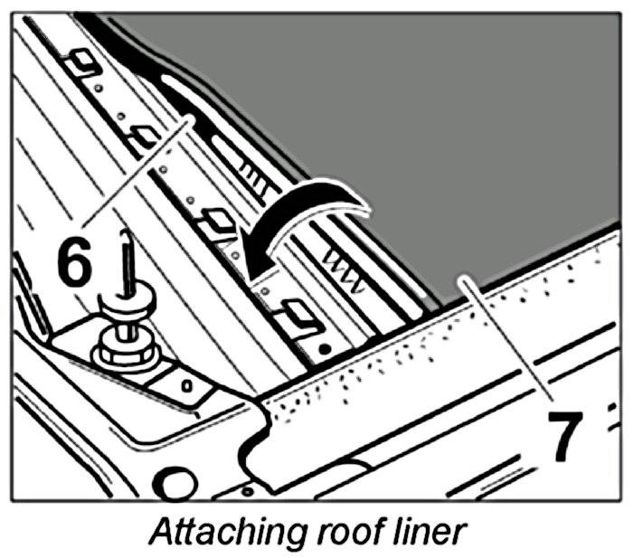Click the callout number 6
(x=73, y=259)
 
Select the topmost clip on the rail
(x=83, y=61)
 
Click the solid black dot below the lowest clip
(x=323, y=348)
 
